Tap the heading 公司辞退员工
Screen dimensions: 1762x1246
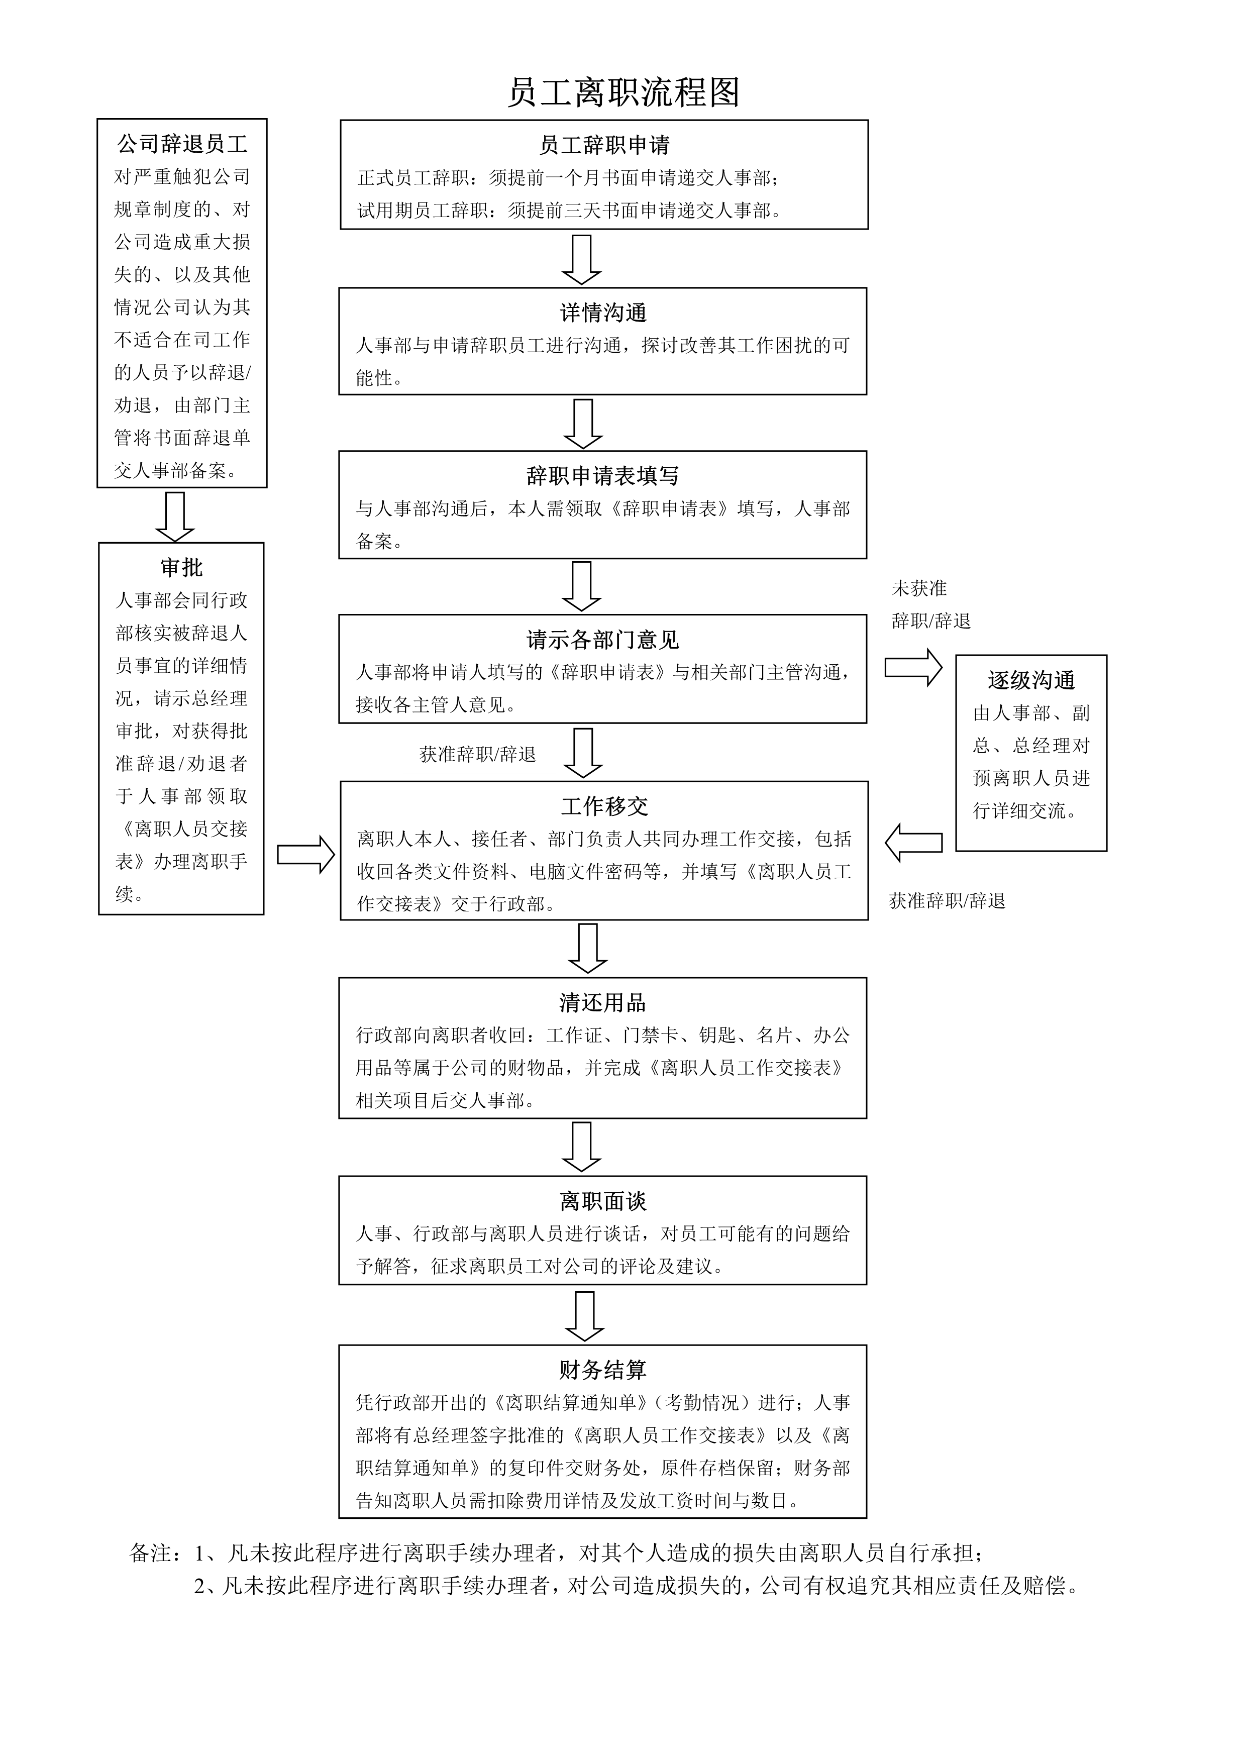pos(182,144)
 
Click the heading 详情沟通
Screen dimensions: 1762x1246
pos(603,313)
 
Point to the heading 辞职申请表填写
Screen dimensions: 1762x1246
pos(603,476)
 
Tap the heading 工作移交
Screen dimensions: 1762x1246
pos(604,806)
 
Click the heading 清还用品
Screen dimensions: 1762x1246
pos(603,1002)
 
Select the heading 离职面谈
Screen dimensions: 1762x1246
pos(603,1201)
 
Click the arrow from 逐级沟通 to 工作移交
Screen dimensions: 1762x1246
pos(913,843)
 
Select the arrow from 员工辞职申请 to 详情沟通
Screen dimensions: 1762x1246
pos(582,259)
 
